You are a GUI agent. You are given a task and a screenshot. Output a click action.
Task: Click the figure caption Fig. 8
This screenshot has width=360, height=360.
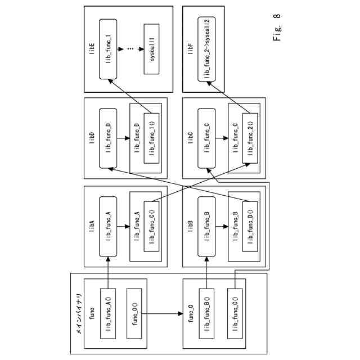[278, 37]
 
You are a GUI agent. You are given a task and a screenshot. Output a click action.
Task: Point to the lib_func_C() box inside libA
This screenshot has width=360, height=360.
[151, 222]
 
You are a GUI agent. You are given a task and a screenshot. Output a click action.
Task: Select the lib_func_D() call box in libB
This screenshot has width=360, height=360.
[250, 222]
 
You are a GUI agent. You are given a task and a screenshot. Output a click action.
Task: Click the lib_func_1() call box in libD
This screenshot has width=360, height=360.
[151, 138]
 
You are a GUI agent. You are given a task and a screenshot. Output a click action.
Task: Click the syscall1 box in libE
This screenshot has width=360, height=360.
[151, 49]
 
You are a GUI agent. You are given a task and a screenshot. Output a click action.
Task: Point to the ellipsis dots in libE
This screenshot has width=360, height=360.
[129, 49]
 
